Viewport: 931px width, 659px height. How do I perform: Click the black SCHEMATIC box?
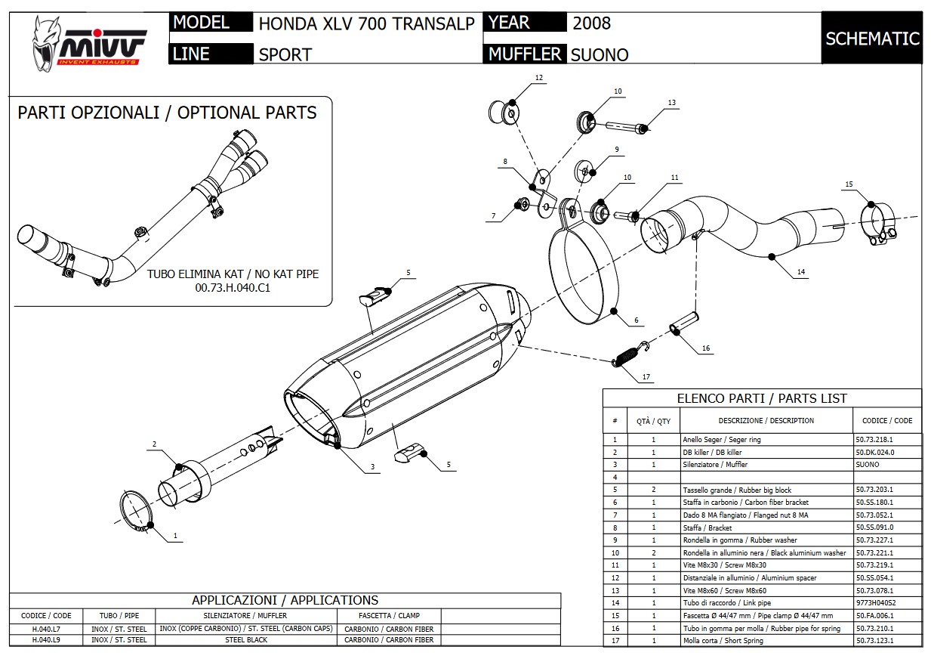click(x=872, y=39)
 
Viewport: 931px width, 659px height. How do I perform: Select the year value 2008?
click(x=591, y=23)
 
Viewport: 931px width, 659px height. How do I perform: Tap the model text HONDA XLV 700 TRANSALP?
click(x=366, y=23)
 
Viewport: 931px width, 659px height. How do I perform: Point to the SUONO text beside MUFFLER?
click(x=599, y=54)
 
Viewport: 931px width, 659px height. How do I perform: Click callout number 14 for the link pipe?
click(x=800, y=271)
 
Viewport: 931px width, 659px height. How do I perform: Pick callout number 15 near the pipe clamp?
click(x=849, y=184)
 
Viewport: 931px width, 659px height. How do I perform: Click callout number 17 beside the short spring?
click(x=646, y=376)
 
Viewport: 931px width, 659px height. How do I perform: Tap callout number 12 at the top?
click(x=539, y=78)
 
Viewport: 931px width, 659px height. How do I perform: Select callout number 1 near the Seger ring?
click(x=175, y=536)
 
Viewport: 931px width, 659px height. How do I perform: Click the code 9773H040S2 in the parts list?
click(x=875, y=603)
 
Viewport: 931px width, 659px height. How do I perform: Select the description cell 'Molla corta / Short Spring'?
click(x=723, y=641)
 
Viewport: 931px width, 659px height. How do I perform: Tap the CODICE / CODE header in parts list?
click(x=886, y=420)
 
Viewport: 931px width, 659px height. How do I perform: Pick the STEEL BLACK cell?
click(x=245, y=640)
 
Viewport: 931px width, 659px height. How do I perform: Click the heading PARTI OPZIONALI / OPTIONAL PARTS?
click(x=167, y=113)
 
